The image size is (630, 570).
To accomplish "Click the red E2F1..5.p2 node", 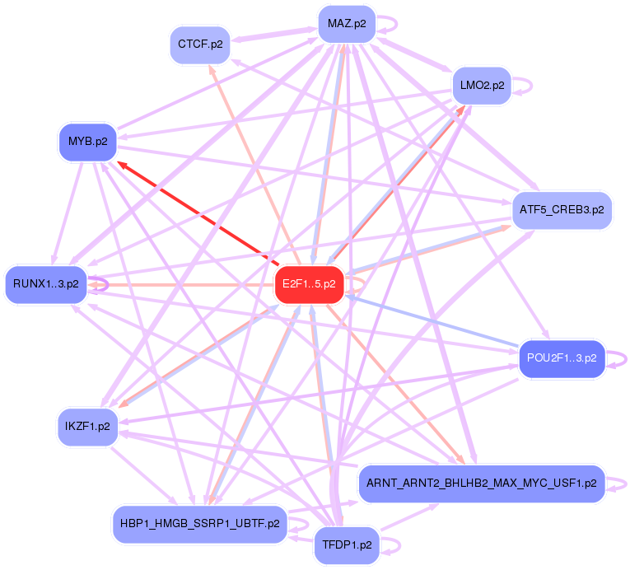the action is click(309, 284).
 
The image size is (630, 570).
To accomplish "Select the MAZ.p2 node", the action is click(347, 23).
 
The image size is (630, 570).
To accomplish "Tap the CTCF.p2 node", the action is click(201, 44).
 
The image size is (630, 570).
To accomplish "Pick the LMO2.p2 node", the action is click(482, 85).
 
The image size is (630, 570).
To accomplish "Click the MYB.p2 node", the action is click(87, 142).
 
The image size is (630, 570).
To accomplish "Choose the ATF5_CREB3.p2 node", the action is click(562, 210).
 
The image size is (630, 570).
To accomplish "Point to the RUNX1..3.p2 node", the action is click(46, 284).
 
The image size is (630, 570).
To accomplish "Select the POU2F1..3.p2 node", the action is click(562, 358).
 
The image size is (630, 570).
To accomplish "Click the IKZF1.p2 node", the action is click(88, 427).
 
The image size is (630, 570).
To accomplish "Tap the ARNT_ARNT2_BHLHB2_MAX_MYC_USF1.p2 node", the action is click(482, 484).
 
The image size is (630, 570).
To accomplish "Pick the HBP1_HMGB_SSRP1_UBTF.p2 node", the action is click(200, 522).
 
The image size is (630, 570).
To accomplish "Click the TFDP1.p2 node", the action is click(347, 544).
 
